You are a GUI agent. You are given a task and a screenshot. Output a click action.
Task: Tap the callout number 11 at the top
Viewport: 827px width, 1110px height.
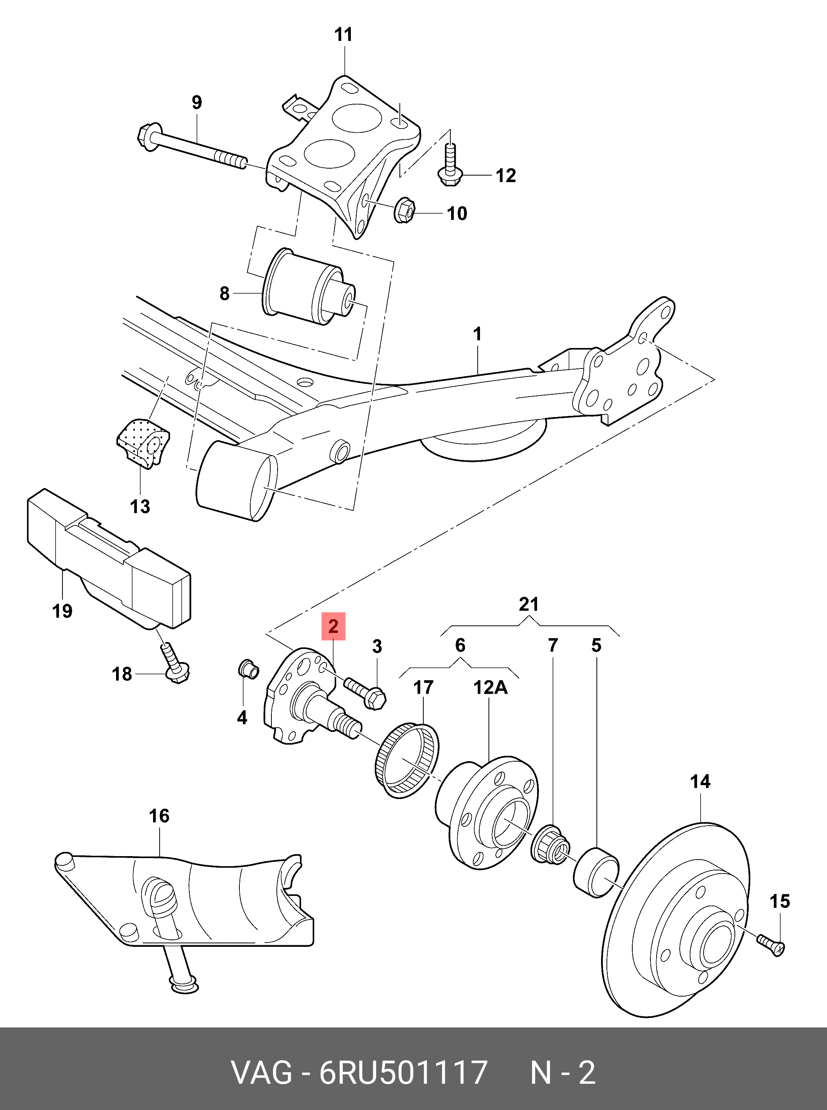(x=344, y=35)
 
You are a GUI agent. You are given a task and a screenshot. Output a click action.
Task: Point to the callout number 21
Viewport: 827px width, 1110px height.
(x=529, y=604)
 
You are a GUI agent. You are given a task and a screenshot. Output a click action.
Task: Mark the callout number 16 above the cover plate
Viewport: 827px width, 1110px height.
(x=159, y=816)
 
